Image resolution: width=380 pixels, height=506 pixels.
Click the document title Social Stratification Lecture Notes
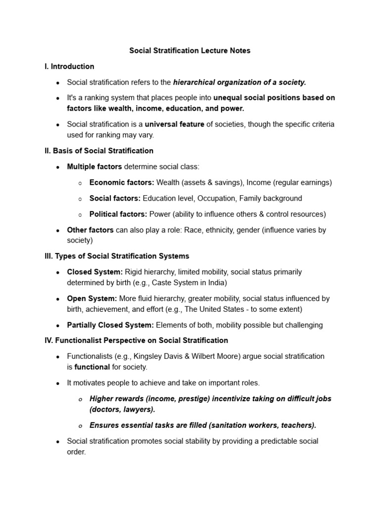click(x=190, y=50)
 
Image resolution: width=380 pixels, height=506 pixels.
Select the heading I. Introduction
click(x=69, y=66)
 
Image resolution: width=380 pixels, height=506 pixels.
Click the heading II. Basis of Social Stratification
click(x=99, y=151)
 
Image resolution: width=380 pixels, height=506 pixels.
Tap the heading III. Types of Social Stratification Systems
click(x=117, y=256)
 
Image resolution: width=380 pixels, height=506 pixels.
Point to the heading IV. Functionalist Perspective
click(x=136, y=340)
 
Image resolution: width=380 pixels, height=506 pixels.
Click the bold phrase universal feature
click(x=175, y=125)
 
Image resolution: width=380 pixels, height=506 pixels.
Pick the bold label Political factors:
click(x=118, y=214)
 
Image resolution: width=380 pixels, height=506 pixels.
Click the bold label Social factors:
click(x=115, y=198)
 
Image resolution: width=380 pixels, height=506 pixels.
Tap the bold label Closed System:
click(x=95, y=272)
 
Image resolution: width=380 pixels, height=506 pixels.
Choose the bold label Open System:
click(x=92, y=298)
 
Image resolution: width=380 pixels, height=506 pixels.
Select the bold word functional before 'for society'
click(x=92, y=367)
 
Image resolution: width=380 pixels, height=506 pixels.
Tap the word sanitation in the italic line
click(x=229, y=425)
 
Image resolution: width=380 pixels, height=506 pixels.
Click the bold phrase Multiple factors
click(x=95, y=167)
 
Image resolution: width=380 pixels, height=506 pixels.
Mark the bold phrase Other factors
click(x=90, y=230)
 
